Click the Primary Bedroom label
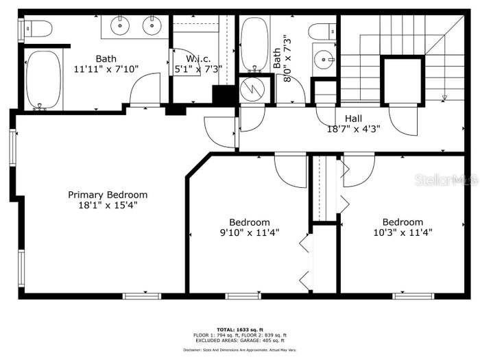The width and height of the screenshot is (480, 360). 108,195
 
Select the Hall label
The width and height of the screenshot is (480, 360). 353,118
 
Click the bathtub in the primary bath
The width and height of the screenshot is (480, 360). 44,80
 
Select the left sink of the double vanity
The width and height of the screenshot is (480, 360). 121,25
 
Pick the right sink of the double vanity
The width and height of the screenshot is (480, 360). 152,25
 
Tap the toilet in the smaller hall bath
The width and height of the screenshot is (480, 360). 322,31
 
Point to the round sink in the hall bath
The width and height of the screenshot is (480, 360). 323,60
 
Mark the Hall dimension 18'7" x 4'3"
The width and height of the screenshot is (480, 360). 353,128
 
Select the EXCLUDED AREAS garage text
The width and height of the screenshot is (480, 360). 239,340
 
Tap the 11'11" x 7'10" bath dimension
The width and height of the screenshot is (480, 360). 106,69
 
